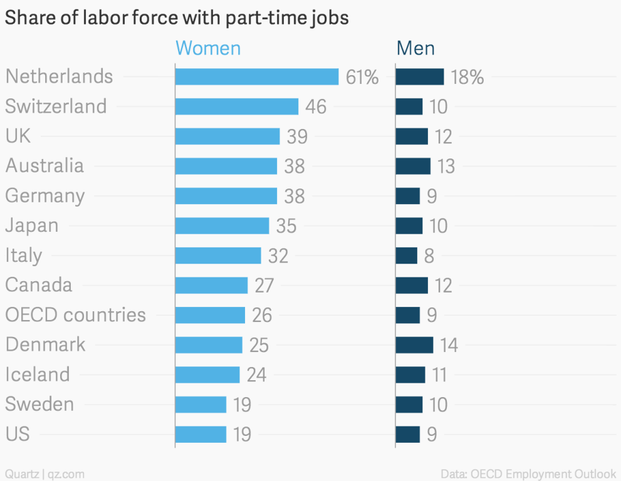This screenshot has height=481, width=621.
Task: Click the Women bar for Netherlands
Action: coord(257,76)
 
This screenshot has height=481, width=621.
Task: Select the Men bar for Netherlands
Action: coord(419,76)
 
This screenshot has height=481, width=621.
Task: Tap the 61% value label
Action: coord(362,77)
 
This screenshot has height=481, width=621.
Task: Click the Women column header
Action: coord(208,48)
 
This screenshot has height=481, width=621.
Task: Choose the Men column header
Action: coord(415,48)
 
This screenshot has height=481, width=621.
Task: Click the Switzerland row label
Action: coord(56,106)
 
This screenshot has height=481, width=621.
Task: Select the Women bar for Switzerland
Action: coord(236,106)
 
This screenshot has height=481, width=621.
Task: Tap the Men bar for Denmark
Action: coord(414,344)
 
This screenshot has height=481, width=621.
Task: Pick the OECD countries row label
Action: coord(75,314)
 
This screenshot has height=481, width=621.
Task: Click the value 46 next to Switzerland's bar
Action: coord(316,106)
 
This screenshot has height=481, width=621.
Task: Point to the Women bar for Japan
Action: coord(222,225)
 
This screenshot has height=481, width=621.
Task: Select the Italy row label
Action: coord(24,256)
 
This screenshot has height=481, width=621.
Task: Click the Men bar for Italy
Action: coord(406,256)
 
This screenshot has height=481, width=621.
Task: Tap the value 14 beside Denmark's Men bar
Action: coord(449,344)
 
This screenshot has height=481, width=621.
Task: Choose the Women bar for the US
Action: coord(201,434)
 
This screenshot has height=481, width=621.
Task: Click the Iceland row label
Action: coord(38,375)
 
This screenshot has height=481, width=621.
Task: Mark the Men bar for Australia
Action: coord(413,166)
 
